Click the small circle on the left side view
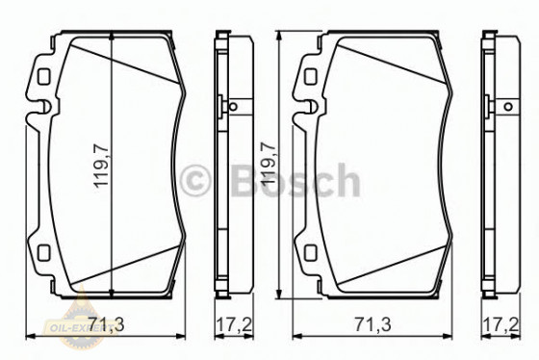[231, 107]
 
